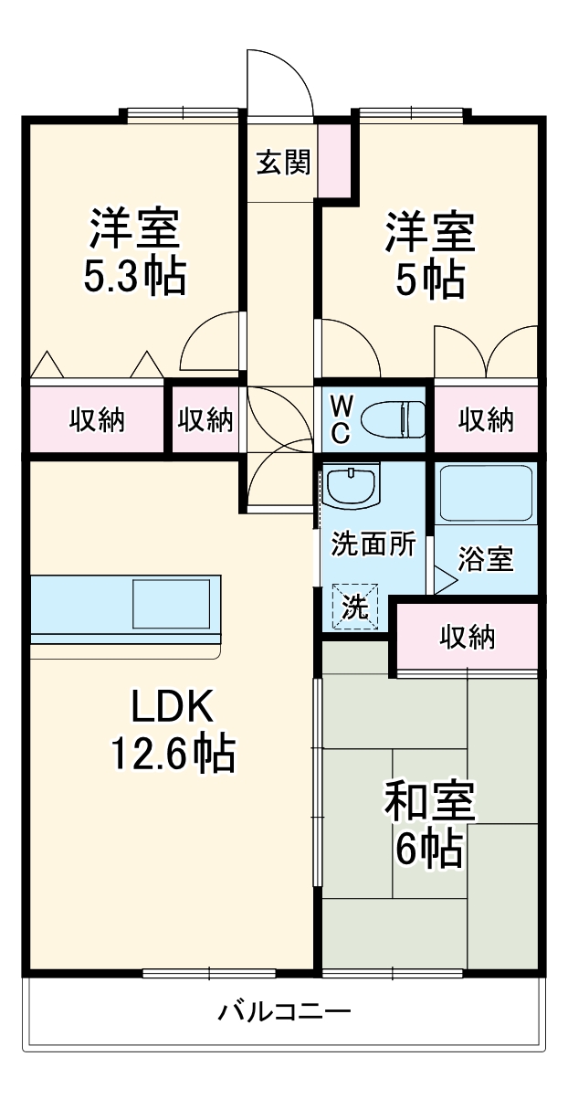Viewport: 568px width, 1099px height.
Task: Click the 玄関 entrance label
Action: pos(282,162)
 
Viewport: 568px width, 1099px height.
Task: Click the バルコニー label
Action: pos(284,1012)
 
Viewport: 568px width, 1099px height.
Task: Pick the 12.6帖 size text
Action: pos(173,754)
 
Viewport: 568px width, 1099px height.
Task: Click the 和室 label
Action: pos(429,802)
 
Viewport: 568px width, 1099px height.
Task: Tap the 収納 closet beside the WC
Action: pos(485,420)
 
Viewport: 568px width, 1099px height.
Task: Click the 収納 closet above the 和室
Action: pos(467,637)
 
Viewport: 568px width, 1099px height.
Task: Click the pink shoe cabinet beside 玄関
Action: pos(333,160)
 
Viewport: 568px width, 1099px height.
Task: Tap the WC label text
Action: pos(340,419)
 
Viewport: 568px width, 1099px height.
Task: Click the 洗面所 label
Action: pos(373,544)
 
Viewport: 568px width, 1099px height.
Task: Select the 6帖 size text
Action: pos(427,850)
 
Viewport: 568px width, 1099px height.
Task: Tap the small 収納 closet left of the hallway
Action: pos(205,420)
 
